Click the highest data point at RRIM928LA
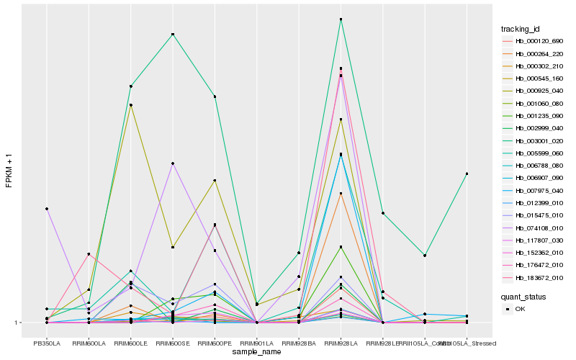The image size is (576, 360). pyautogui.click(x=341, y=19)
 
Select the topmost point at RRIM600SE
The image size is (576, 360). pyautogui.click(x=173, y=35)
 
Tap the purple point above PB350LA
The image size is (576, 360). pyautogui.click(x=46, y=209)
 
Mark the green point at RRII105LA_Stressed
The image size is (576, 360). pyautogui.click(x=467, y=174)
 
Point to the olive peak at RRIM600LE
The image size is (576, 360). pyautogui.click(x=130, y=105)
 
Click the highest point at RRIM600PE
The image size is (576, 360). pyautogui.click(x=215, y=96)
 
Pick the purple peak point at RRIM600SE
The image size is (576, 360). pyautogui.click(x=173, y=163)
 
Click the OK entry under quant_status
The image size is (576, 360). pyautogui.click(x=523, y=309)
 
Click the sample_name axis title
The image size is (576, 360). pyautogui.click(x=256, y=352)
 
